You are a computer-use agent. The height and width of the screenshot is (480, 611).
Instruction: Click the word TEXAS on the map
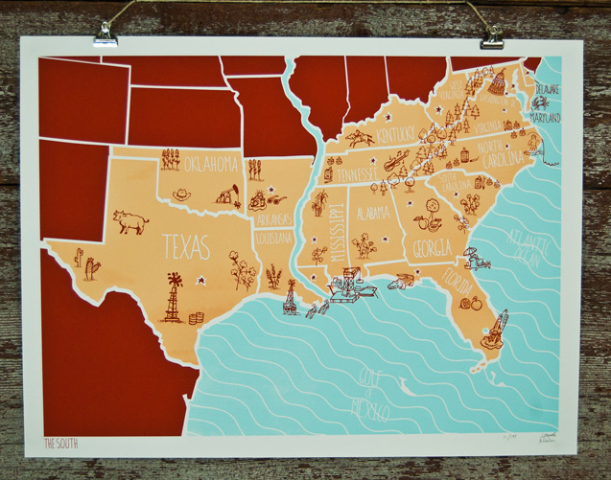click(185, 247)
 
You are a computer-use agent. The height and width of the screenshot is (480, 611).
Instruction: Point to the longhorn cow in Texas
click(129, 222)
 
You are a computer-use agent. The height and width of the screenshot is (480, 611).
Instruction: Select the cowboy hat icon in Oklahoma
click(181, 194)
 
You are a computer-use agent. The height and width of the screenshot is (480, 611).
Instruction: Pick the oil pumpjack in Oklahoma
click(227, 195)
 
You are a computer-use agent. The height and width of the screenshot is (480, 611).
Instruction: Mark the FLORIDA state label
click(454, 285)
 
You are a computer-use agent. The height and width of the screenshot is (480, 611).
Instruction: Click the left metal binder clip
click(106, 35)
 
